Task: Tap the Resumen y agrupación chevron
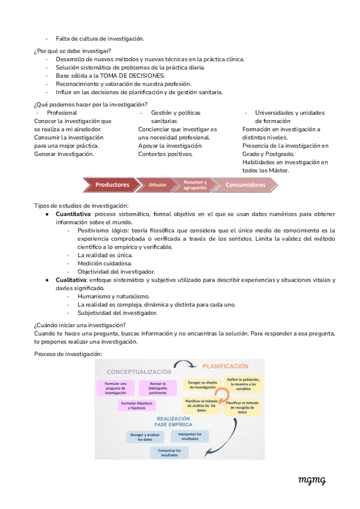[x=194, y=185]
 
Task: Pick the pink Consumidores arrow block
[x=245, y=185]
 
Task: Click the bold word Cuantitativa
[x=73, y=214]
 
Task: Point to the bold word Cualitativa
[x=71, y=280]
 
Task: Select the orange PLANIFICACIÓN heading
[x=225, y=366]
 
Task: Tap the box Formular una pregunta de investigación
[x=115, y=388]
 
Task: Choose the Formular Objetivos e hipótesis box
[x=136, y=406]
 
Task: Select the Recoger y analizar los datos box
[x=145, y=436]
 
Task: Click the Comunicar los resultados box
[x=169, y=453]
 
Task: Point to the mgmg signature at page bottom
[x=311, y=480]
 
